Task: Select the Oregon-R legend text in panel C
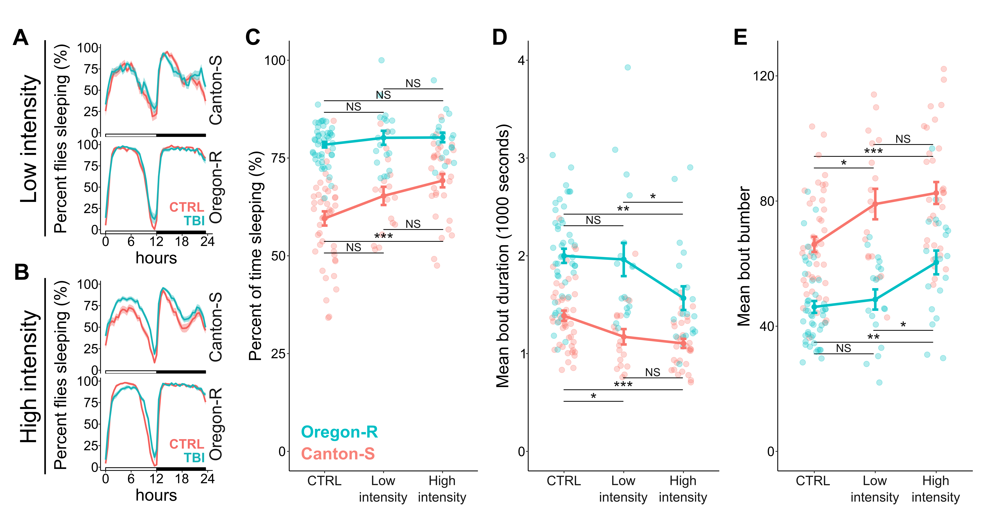pyautogui.click(x=339, y=432)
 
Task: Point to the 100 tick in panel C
pyautogui.click(x=275, y=60)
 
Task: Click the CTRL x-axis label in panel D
pyautogui.click(x=564, y=481)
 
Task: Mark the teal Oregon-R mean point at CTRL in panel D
pyautogui.click(x=564, y=256)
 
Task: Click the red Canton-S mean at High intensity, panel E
pyautogui.click(x=936, y=193)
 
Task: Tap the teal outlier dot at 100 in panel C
pyautogui.click(x=381, y=60)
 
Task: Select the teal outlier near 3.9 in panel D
pyautogui.click(x=628, y=67)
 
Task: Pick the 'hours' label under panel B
pyautogui.click(x=156, y=495)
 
